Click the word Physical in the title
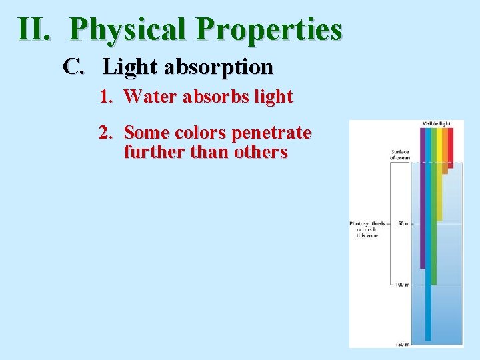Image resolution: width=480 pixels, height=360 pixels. tap(127, 29)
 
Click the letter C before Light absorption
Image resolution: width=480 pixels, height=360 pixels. tap(73, 67)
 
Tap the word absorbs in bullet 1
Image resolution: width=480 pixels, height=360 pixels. tap(213, 97)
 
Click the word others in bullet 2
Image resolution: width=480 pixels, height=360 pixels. tap(261, 153)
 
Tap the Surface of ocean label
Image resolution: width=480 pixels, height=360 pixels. tap(400, 155)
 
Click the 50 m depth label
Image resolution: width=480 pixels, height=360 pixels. tap(403, 223)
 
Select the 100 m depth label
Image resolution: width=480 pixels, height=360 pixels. tap(401, 285)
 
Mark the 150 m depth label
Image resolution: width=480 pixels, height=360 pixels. tap(401, 344)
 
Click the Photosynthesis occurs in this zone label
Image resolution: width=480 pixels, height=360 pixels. tap(367, 229)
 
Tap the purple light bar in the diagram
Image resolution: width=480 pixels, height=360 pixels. tap(423, 200)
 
